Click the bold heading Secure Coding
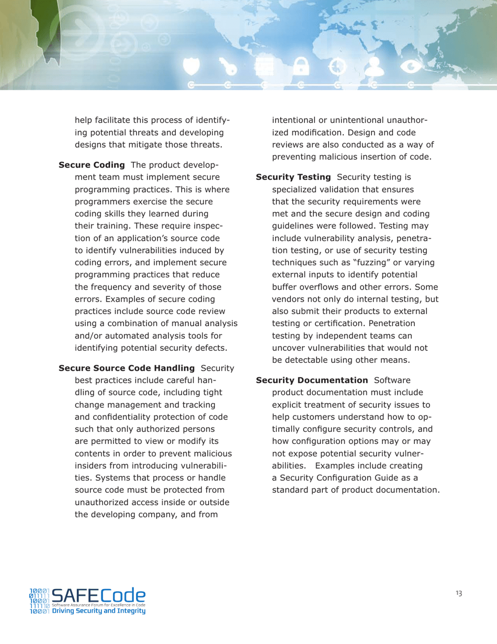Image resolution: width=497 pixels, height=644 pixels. click(91, 165)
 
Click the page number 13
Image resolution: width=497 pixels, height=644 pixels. click(459, 593)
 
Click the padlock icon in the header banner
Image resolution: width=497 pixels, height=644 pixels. click(300, 67)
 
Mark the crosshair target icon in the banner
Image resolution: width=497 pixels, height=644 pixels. click(337, 67)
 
